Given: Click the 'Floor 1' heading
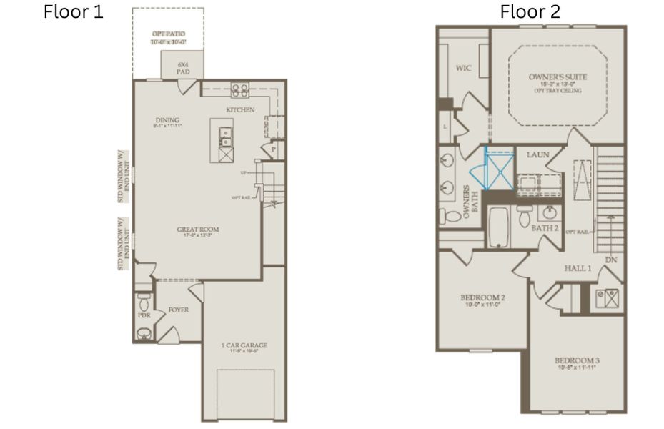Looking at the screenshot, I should pos(74,11).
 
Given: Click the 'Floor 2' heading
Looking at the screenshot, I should pos(530,11).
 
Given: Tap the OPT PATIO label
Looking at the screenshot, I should pos(168,34).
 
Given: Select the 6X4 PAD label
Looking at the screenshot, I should pos(182,68).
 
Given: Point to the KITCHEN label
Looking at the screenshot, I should pos(240,110).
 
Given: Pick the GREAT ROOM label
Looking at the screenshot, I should pos(198,230).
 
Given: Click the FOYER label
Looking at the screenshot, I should pos(178,310).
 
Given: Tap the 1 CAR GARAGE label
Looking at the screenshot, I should pos(244,346).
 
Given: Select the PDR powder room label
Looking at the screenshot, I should pos(143,315).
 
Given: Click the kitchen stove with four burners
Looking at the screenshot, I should pos(240,89).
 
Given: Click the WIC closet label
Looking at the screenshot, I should pos(463,68).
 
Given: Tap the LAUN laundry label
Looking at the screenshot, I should pos(537,154).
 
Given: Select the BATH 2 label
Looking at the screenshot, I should pos(545,228).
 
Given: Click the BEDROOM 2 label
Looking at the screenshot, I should pos(482,297).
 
